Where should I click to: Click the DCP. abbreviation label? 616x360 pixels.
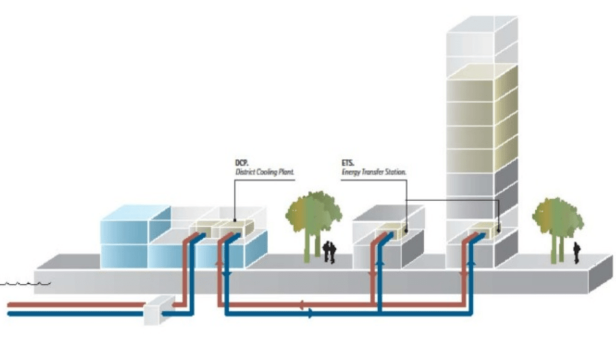click(242, 163)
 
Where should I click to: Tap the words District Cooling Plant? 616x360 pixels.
click(265, 172)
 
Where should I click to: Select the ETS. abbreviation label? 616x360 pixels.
click(348, 163)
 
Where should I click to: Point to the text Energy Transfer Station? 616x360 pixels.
click(374, 172)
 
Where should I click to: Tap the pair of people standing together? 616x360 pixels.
click(329, 252)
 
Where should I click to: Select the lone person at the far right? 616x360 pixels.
click(576, 253)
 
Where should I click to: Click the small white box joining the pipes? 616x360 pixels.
click(159, 310)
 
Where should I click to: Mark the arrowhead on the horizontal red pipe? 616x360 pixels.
click(301, 305)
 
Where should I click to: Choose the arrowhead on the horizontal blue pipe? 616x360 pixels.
click(311, 314)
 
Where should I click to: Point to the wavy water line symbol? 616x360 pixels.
click(25, 283)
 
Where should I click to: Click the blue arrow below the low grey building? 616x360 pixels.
click(380, 262)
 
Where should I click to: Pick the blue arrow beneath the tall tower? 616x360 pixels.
click(472, 262)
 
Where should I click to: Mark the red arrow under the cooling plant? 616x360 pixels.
click(219, 262)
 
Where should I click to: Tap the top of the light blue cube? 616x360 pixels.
click(135, 213)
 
